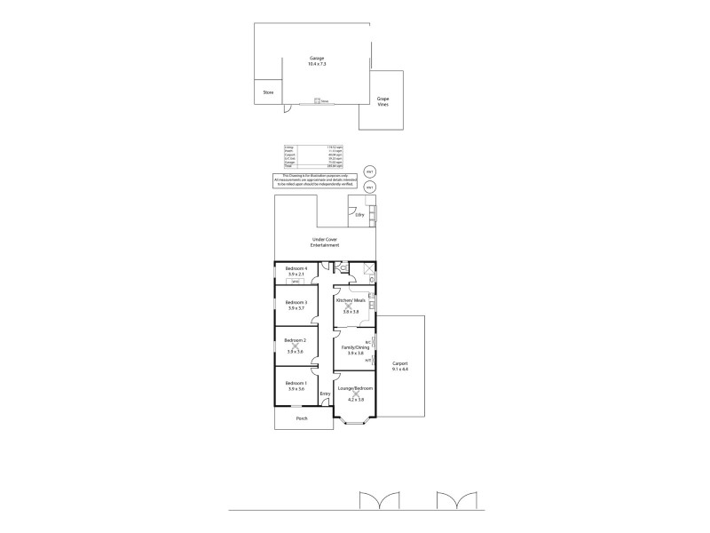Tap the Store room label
pos(268,92)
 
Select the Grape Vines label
pos(383,101)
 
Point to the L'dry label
pos(359,215)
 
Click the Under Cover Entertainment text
pos(323,242)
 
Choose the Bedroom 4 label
pos(296,268)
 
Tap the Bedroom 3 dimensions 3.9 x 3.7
pos(296,308)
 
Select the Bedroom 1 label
pos(296,383)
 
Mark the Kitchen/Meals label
pos(350,300)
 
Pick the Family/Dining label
pos(354,347)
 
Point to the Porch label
pos(302,418)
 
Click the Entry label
pos(325,394)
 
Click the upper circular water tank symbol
pos(369,171)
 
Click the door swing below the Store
pos(287,110)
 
